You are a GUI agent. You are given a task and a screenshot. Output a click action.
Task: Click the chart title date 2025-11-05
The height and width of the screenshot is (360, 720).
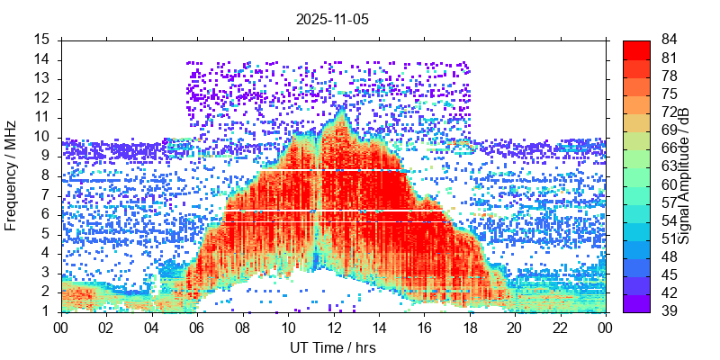point(332,18)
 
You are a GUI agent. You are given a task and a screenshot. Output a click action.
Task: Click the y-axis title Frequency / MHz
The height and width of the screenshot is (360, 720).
point(11,175)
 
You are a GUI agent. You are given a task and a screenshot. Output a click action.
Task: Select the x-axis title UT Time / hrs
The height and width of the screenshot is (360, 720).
point(332,347)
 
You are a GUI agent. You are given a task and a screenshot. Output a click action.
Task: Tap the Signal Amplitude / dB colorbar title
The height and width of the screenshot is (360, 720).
point(685,175)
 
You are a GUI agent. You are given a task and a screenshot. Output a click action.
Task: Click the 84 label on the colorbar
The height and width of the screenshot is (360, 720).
point(669,40)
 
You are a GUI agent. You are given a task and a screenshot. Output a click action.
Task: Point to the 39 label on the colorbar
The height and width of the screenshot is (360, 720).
point(669,311)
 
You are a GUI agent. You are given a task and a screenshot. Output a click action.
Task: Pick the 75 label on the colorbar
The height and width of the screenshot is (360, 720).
point(669,94)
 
